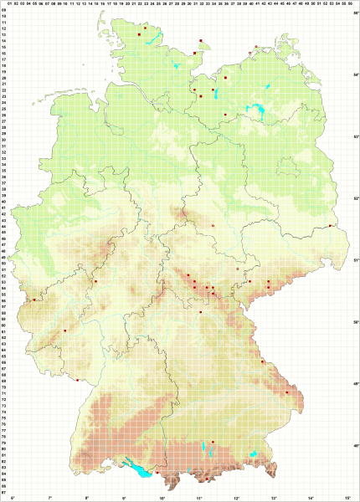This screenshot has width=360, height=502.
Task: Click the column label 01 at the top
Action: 8,3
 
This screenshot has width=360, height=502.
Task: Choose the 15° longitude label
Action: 347,499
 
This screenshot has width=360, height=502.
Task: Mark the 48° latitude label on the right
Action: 356,445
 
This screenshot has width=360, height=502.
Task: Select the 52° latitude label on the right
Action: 356,198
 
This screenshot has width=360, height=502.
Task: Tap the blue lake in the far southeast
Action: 250,455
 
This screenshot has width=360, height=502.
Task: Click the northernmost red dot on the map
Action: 145,28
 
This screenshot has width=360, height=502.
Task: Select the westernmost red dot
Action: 33,300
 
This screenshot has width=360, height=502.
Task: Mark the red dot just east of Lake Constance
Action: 157,473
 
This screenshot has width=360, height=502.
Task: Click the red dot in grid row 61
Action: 65,330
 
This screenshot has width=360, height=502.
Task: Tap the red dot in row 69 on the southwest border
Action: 78,380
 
